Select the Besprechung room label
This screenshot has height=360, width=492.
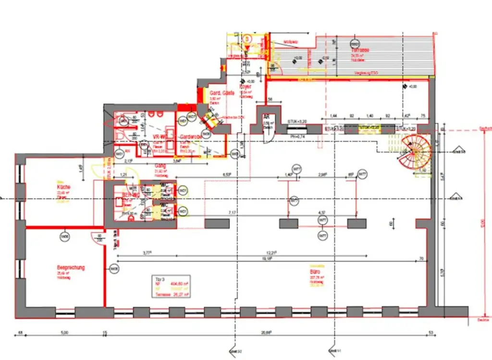[71, 268]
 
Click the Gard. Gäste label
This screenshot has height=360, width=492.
[222, 93]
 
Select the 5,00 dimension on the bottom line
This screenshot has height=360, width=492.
[64, 332]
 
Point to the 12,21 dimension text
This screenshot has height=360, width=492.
[274, 252]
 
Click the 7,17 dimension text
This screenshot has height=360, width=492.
[232, 211]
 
